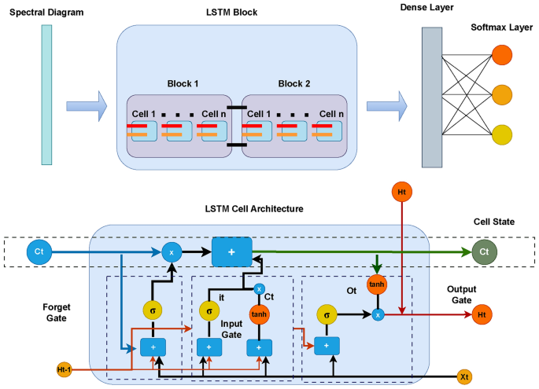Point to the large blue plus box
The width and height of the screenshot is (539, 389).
(231, 251)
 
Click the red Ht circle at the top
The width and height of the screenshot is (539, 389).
(402, 193)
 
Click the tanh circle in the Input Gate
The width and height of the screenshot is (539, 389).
(259, 314)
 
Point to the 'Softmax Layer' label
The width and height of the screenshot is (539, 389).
(500, 28)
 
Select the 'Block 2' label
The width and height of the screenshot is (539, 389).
(295, 83)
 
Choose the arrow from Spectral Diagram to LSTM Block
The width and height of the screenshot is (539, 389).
(86, 102)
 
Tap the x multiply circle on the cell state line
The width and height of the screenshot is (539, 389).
(172, 251)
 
